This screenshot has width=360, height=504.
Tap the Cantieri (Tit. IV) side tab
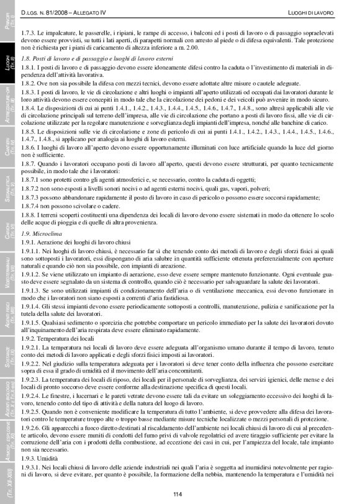[x=9, y=155]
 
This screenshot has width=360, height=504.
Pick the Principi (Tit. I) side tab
[x=9, y=25]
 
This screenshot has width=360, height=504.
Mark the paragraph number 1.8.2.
[x=29, y=82]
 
